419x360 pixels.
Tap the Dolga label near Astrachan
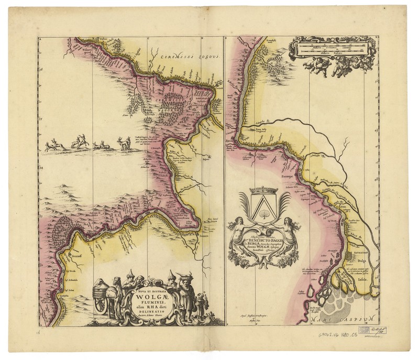[x=361, y=259]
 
